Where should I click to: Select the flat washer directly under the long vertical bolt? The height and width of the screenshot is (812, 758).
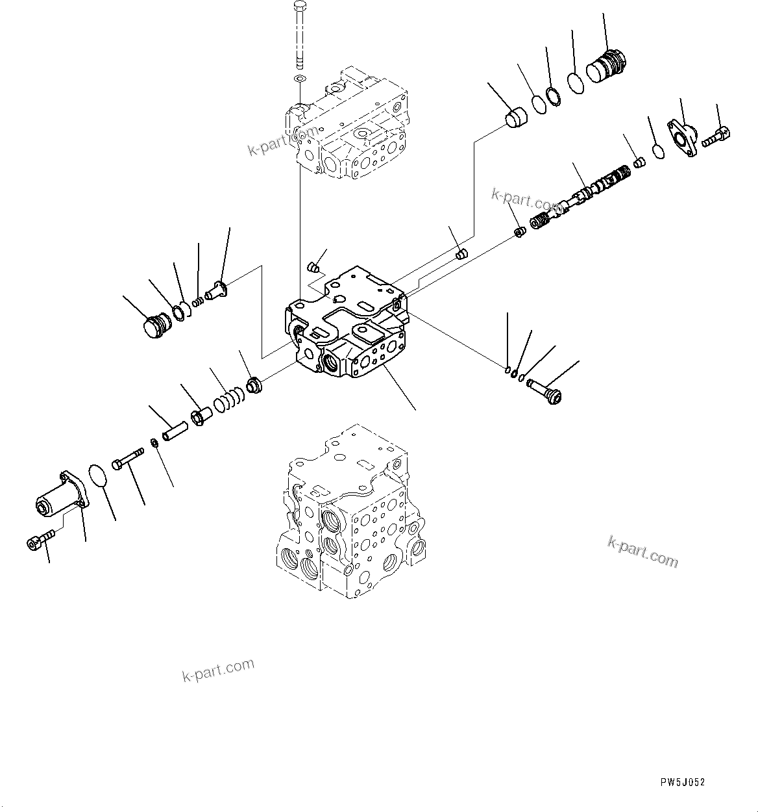[299, 79]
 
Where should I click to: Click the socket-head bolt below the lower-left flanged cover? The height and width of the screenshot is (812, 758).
[38, 541]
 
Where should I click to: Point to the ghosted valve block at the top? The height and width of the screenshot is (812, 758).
[347, 123]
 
